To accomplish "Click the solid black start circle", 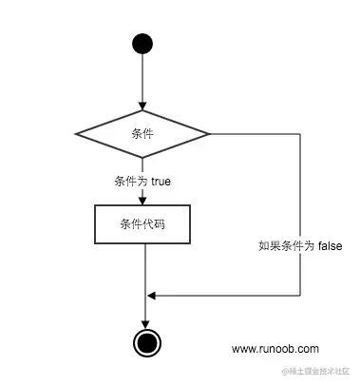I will tap(142, 44).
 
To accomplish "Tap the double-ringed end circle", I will tap(144, 342).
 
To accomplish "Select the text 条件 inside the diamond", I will tap(142, 133).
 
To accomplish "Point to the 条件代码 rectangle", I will tap(142, 224).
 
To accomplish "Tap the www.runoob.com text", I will tap(275, 349).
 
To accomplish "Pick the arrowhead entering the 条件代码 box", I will tap(142, 200).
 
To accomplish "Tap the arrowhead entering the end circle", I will tap(144, 324).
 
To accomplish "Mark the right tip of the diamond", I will tap(210, 133).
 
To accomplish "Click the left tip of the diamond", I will tap(76, 133).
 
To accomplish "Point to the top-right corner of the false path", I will tap(300, 133).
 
